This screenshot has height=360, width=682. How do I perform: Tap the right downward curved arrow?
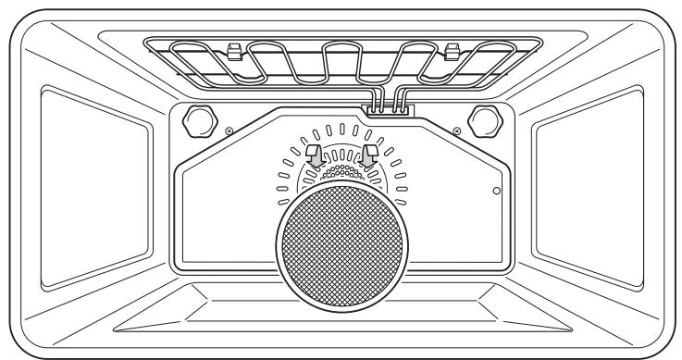click(x=372, y=155)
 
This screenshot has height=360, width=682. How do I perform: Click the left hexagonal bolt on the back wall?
click(x=199, y=118)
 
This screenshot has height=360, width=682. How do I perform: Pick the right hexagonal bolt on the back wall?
click(x=482, y=118)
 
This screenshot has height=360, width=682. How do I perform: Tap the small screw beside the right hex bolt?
click(x=455, y=130)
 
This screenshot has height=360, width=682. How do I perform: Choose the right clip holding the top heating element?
click(x=452, y=50)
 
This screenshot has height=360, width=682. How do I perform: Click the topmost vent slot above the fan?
click(x=341, y=126)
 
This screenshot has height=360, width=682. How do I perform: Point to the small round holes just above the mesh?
click(x=341, y=173)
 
